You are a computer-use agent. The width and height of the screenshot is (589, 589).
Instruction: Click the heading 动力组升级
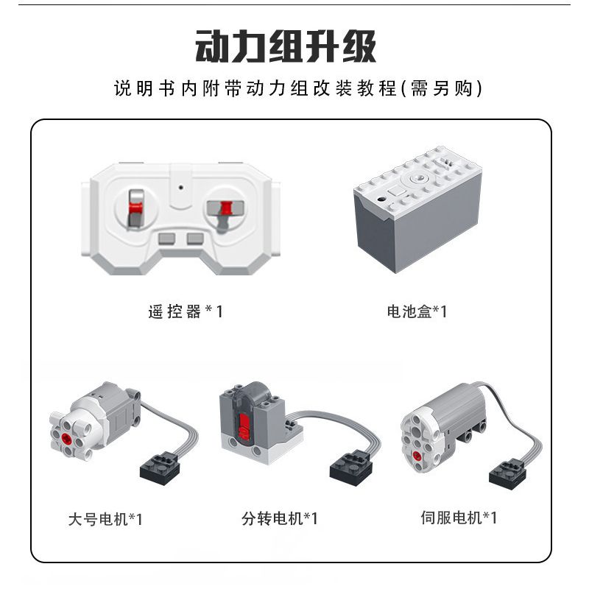[286, 46]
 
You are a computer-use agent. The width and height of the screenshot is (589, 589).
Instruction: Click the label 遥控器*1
[186, 311]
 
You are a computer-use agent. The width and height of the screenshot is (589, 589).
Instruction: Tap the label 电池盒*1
[417, 311]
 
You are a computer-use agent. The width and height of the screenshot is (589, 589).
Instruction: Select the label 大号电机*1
[105, 520]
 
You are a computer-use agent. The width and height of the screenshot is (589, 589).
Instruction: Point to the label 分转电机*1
[280, 519]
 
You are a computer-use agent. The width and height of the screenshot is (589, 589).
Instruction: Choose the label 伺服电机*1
[459, 518]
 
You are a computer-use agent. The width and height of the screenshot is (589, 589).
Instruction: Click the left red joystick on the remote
[135, 208]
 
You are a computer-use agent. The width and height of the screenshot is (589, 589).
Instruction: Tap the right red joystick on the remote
[226, 208]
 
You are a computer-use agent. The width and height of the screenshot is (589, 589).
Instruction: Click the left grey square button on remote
[167, 239]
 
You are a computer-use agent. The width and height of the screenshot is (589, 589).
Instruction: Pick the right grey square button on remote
[195, 239]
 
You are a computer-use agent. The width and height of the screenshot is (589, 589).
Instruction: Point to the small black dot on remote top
[181, 187]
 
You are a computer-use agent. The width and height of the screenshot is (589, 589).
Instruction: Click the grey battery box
[417, 209]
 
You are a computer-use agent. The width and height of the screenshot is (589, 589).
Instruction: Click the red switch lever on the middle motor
[243, 427]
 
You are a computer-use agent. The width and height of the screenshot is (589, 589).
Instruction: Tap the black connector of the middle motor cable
[351, 468]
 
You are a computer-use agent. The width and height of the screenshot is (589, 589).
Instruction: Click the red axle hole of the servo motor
[417, 456]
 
